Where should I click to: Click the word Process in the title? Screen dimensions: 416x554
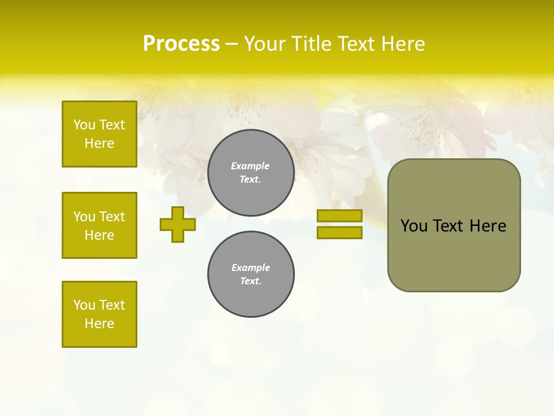pyautogui.click(x=181, y=44)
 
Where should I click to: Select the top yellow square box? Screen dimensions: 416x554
pyautogui.click(x=99, y=134)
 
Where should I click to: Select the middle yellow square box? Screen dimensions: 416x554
pyautogui.click(x=99, y=225)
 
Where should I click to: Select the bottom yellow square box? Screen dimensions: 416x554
pyautogui.click(x=99, y=314)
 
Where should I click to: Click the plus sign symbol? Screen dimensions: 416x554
pyautogui.click(x=178, y=224)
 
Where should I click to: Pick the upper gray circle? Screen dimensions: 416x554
pyautogui.click(x=251, y=173)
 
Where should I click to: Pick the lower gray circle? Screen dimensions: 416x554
pyautogui.click(x=251, y=274)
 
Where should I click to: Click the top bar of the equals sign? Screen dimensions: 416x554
pyautogui.click(x=339, y=216)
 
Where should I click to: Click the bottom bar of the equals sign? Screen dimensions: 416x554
pyautogui.click(x=339, y=232)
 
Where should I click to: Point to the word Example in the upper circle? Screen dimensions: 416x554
pyautogui.click(x=250, y=166)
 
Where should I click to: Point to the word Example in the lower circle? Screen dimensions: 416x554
pyautogui.click(x=250, y=268)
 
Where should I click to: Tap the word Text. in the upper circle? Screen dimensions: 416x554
pyautogui.click(x=250, y=179)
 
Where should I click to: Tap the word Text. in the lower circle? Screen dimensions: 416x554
pyautogui.click(x=250, y=281)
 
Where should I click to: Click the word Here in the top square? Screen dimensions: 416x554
pyautogui.click(x=99, y=143)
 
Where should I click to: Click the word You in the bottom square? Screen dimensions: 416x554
pyautogui.click(x=84, y=305)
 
